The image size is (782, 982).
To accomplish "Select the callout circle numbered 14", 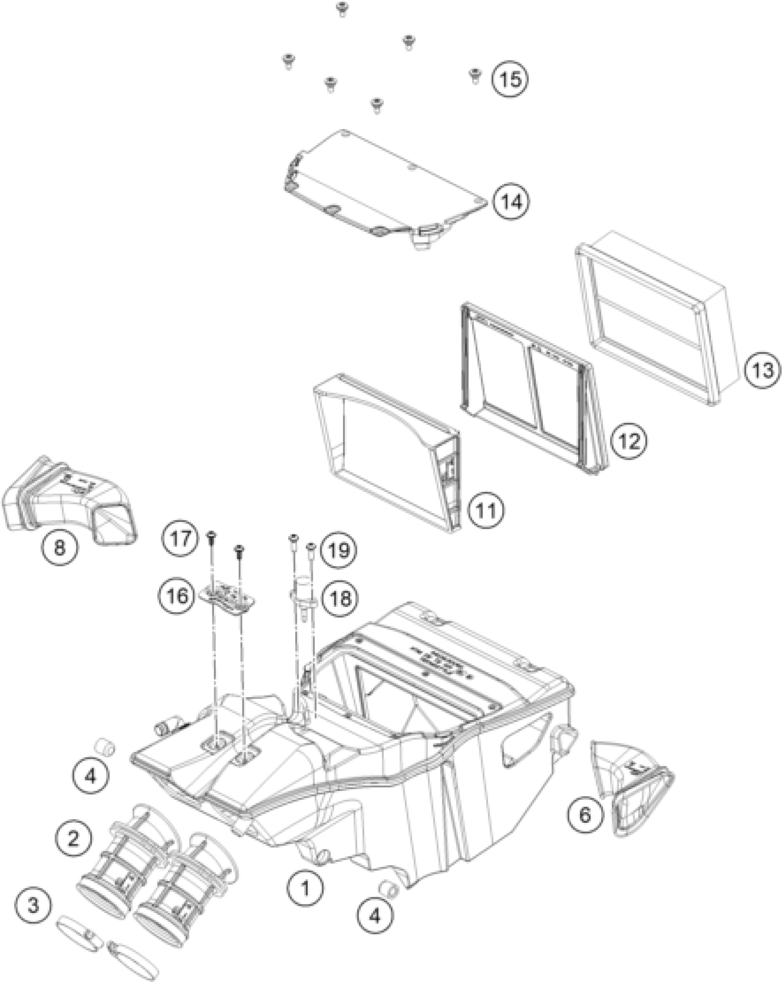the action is click(511, 202).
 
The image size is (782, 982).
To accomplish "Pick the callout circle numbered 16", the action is click(178, 596).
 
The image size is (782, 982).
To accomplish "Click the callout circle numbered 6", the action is click(584, 815).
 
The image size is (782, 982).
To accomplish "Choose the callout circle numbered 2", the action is click(74, 838).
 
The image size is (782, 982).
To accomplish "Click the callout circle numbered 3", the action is click(33, 906).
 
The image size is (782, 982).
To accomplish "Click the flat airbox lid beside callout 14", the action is click(386, 184).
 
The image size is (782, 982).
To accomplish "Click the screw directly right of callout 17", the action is click(212, 537).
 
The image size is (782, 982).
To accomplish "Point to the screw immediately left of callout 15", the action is click(475, 75).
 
